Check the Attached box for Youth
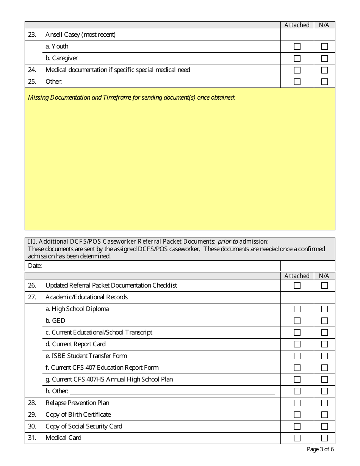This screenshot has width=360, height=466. pyautogui.click(x=297, y=47)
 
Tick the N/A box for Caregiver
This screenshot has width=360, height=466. pyautogui.click(x=324, y=58)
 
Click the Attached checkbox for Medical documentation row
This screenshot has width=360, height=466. pyautogui.click(x=297, y=70)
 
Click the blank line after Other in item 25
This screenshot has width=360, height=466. pyautogui.click(x=168, y=82)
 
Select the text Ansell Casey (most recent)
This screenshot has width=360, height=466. pyautogui.click(x=80, y=35)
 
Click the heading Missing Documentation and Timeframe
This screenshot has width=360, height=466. pyautogui.click(x=131, y=97)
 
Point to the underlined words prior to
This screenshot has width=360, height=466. pyautogui.click(x=228, y=241)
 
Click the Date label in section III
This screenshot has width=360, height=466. pyautogui.click(x=35, y=266)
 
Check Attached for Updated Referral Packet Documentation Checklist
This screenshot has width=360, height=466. pyautogui.click(x=297, y=286)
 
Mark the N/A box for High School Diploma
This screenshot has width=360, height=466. pyautogui.click(x=324, y=309)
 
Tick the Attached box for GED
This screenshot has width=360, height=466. pyautogui.click(x=297, y=321)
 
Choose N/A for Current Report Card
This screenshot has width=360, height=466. pyautogui.click(x=324, y=344)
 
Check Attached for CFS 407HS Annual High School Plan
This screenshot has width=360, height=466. pyautogui.click(x=297, y=380)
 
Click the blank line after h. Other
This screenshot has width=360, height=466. pyautogui.click(x=172, y=391)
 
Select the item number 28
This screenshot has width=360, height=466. pyautogui.click(x=32, y=403)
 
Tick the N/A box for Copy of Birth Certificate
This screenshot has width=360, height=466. pyautogui.click(x=324, y=415)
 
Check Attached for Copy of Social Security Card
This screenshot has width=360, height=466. pyautogui.click(x=297, y=427)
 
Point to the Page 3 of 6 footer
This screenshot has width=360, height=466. pyautogui.click(x=320, y=450)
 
